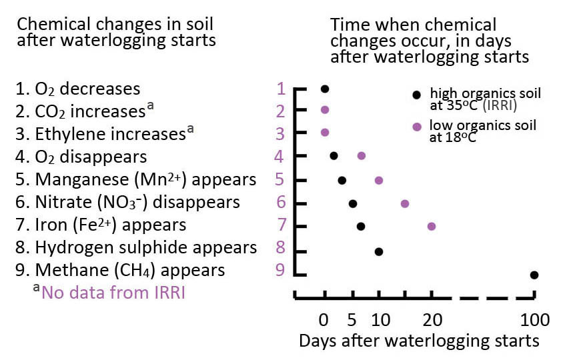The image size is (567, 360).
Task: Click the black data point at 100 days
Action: [534, 275]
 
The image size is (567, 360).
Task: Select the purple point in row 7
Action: [431, 227]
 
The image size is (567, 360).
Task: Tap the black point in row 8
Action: [378, 251]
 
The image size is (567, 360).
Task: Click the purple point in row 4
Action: [361, 155]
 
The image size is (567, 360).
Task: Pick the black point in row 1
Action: [324, 89]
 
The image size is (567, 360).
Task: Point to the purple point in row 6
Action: [404, 203]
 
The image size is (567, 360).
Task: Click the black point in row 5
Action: [342, 180]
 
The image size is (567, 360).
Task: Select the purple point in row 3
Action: [325, 132]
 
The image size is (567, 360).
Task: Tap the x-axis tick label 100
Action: [534, 321]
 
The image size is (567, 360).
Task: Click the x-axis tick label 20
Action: [431, 321]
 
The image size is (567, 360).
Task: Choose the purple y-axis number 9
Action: [281, 271]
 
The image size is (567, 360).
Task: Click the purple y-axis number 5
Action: [281, 180]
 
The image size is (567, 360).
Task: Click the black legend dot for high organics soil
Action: [417, 94]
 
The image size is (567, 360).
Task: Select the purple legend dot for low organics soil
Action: [417, 125]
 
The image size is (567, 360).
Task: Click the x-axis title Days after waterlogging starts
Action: [418, 341]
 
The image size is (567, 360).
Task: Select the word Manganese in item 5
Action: [74, 180]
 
